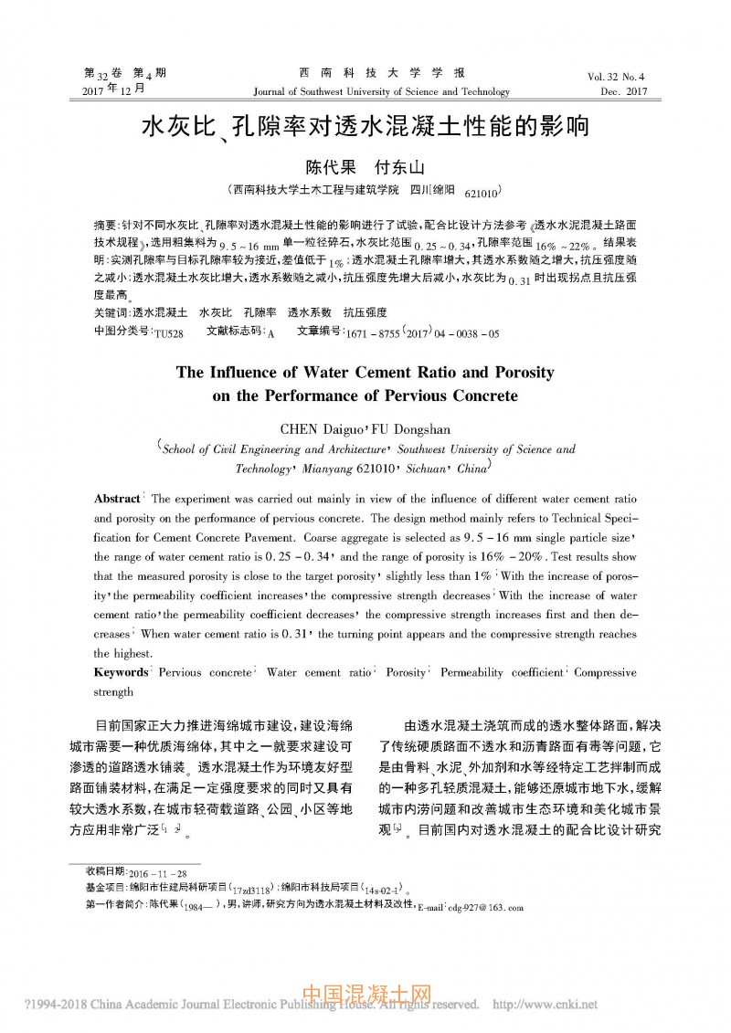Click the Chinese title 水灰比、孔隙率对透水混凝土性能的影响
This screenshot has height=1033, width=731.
point(365,126)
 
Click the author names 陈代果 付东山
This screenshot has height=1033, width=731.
point(365,168)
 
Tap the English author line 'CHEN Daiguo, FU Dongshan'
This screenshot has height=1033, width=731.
point(365,428)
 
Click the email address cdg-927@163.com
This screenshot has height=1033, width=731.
point(482,908)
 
